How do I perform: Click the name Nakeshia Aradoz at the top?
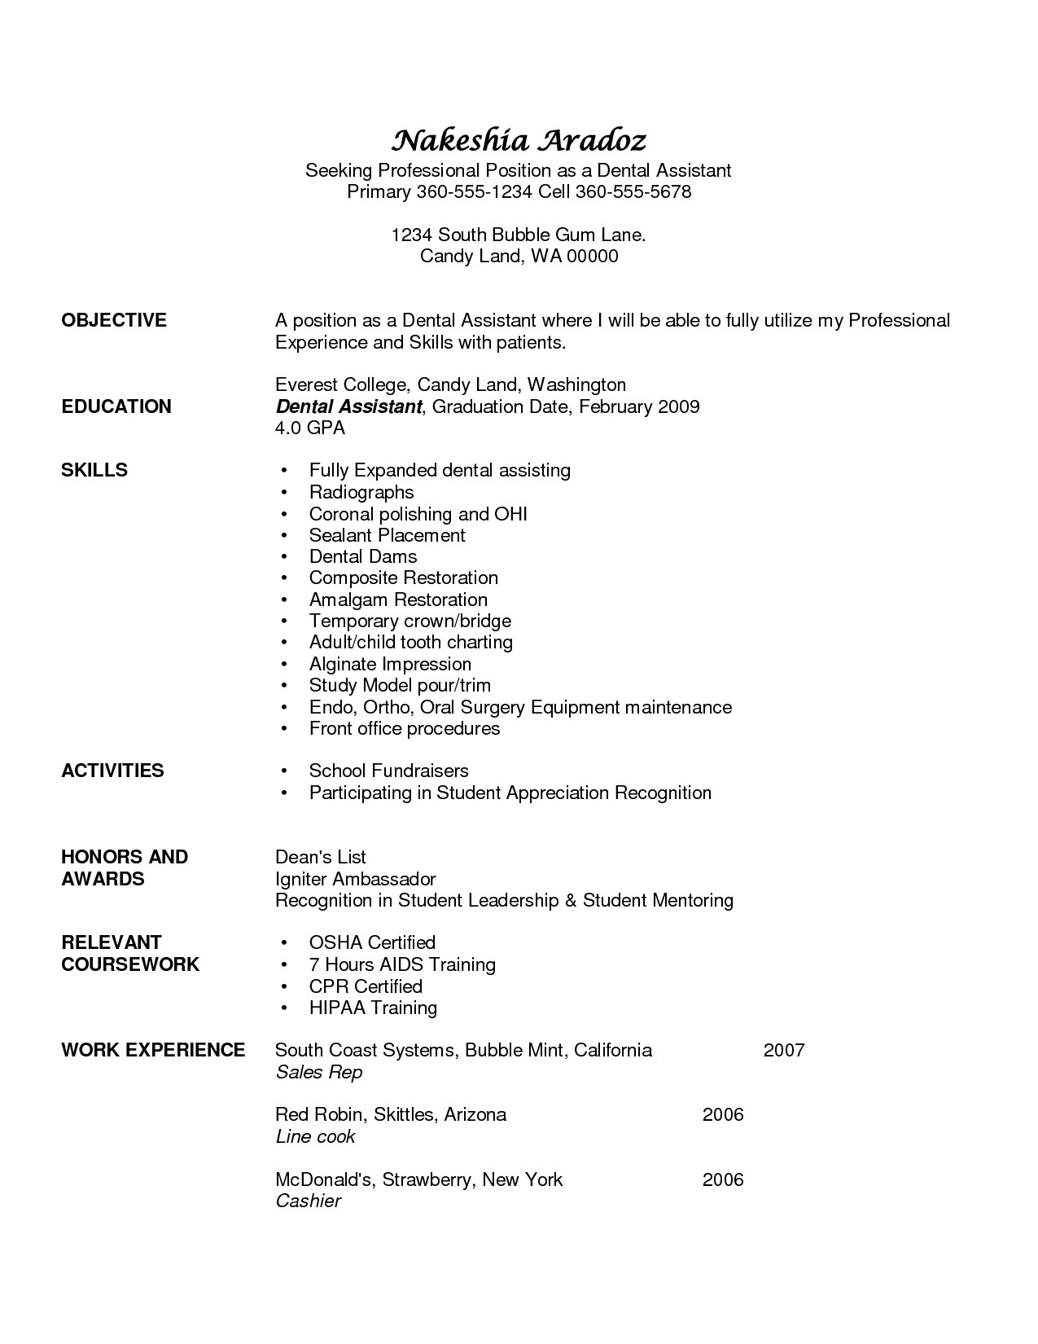[x=519, y=141]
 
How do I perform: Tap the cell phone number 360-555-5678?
[x=633, y=192]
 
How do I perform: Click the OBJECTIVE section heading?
[x=114, y=321]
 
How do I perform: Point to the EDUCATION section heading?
[x=116, y=406]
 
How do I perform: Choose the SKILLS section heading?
[x=94, y=470]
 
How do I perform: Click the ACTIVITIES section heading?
[x=112, y=771]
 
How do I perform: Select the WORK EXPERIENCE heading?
[x=153, y=1050]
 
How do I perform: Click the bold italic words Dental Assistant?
[x=348, y=406]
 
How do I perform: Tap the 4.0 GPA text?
[x=310, y=428]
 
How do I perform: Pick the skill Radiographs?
[x=361, y=492]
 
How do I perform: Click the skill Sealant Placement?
[x=387, y=535]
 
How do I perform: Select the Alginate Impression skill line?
[x=390, y=664]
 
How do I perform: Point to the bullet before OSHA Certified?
[x=283, y=943]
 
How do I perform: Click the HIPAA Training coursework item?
[x=373, y=1008]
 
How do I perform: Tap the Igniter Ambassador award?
[x=356, y=879]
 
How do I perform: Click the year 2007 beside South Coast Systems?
[x=784, y=1050]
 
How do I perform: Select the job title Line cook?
[x=316, y=1136]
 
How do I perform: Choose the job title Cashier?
[x=308, y=1201]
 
